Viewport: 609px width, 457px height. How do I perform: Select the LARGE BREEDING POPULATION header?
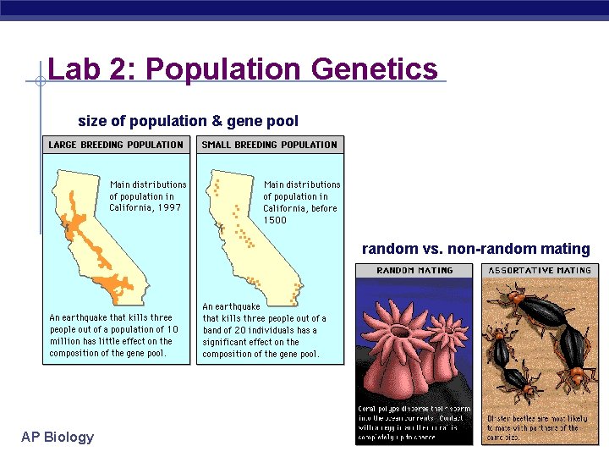click(116, 145)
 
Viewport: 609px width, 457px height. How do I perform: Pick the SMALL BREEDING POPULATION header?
click(270, 145)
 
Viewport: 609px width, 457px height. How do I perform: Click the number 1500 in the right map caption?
click(275, 220)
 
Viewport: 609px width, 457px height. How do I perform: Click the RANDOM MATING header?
click(414, 271)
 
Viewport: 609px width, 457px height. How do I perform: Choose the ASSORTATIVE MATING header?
click(539, 271)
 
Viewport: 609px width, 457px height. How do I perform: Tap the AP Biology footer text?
click(58, 437)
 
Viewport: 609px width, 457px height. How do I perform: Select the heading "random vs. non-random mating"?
click(475, 249)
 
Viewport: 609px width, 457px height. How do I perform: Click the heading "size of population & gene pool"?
click(188, 121)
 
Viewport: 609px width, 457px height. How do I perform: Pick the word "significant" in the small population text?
click(228, 342)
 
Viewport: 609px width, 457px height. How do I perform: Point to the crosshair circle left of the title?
click(40, 82)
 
